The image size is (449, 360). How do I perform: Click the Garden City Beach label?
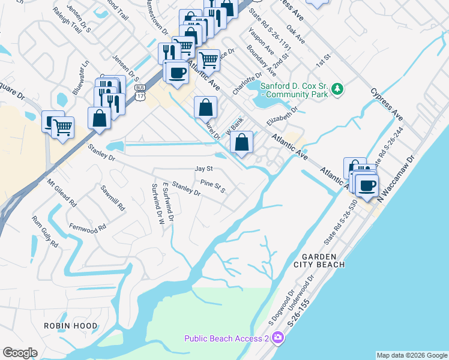[x=319, y=260]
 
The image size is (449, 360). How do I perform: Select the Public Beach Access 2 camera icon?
[x=277, y=338]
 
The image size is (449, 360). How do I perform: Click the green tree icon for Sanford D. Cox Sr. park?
[x=338, y=89]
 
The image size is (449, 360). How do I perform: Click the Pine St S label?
[x=212, y=186]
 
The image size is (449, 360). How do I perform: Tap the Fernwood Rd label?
[x=88, y=228]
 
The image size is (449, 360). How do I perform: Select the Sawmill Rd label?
[x=113, y=198]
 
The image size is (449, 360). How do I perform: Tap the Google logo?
[x=20, y=353]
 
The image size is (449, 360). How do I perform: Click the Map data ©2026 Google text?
[x=411, y=355]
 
